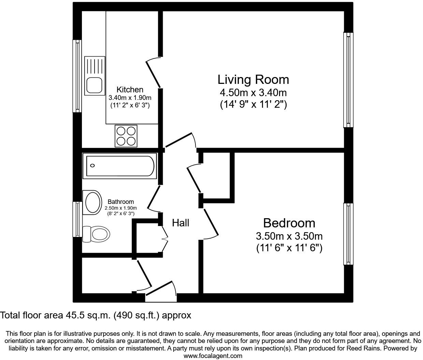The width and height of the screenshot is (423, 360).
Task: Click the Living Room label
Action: (253, 79)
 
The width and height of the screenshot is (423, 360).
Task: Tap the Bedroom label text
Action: (289, 223)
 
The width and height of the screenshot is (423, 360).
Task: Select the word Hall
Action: (180, 223)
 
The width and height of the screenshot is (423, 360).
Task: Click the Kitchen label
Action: (130, 90)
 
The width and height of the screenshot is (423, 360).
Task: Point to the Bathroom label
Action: (121, 202)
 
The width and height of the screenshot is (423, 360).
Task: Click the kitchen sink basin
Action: (94, 85)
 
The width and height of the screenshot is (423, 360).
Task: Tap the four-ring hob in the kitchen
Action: (126, 136)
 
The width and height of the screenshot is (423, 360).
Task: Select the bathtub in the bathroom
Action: (120, 166)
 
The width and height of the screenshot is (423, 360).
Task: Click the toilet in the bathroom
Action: (97, 234)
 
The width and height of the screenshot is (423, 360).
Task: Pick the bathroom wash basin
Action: (92, 202)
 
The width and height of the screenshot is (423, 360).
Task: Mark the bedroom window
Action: (348, 234)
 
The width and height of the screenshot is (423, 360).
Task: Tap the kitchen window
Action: (77, 76)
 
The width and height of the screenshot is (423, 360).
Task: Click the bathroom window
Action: (77, 219)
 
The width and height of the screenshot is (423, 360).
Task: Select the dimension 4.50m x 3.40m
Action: (253, 93)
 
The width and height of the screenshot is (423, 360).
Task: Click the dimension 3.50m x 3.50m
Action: (289, 236)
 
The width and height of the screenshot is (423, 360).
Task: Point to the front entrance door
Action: (161, 292)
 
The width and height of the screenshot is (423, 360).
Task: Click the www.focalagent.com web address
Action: (213, 356)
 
